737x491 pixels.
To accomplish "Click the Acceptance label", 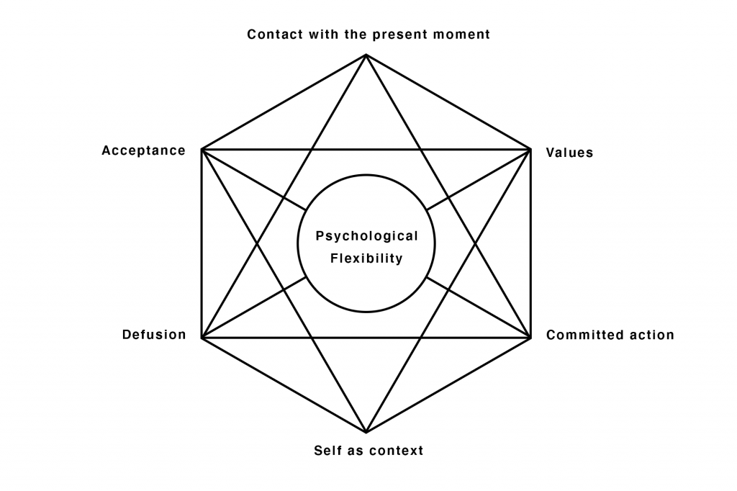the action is [x=143, y=151].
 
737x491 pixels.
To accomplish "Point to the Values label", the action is [x=569, y=153].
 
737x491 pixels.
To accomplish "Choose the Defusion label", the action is [x=154, y=334].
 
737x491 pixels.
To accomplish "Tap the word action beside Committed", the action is [x=643, y=335].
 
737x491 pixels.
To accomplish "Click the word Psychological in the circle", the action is [x=366, y=236].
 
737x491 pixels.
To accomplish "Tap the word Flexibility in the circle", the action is [x=366, y=258].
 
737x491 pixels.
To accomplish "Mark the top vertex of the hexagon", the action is [x=366, y=55].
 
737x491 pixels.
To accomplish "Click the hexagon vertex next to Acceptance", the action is [x=202, y=150].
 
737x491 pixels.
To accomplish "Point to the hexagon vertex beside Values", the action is [x=530, y=150].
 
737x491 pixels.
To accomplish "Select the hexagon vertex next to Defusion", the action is [x=202, y=338].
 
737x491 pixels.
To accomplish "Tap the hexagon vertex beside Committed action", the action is [x=530, y=338].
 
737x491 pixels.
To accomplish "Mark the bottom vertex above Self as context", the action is [x=366, y=432].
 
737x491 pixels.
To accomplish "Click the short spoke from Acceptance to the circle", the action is [x=254, y=180].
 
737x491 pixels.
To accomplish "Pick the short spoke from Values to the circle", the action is [x=479, y=180].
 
